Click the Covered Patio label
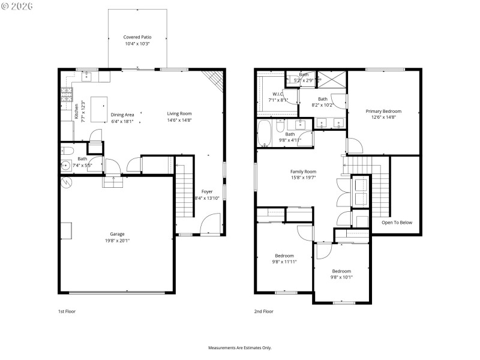click(x=137, y=37)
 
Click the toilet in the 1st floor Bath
click(x=67, y=151)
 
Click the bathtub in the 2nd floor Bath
click(x=264, y=133)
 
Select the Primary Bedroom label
click(x=383, y=111)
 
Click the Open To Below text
click(x=397, y=223)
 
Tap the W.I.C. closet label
click(x=277, y=93)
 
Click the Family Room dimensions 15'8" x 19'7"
click(x=302, y=178)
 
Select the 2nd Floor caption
click(x=263, y=311)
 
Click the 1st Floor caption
click(x=67, y=311)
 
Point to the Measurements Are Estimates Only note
click(x=239, y=347)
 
